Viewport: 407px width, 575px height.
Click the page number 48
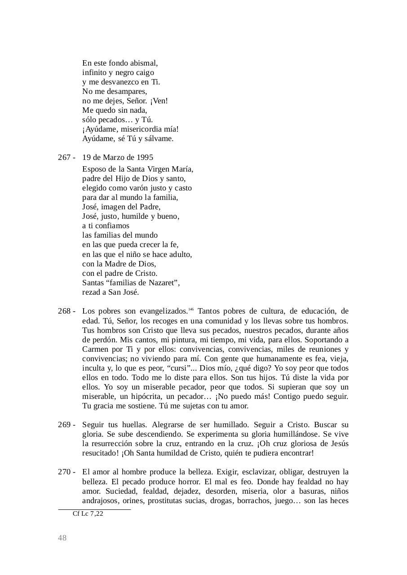tap(62, 538)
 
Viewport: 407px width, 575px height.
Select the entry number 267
tap(64, 157)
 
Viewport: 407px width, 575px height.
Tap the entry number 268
tap(64, 311)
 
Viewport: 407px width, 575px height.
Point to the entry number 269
tap(64, 425)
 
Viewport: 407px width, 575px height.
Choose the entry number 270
tap(64, 472)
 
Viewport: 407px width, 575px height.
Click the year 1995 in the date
tap(145, 157)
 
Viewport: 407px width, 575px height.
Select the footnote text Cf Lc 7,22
tap(88, 513)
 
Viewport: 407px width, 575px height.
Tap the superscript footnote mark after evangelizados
tap(191, 309)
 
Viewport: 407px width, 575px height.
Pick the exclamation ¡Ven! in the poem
tap(159, 101)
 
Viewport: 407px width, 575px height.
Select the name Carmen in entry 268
tap(96, 349)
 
